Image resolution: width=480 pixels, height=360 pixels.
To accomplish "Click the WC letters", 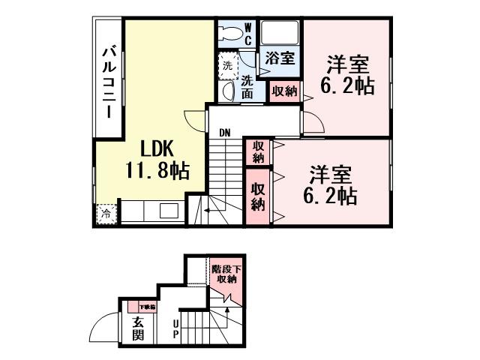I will [248, 34].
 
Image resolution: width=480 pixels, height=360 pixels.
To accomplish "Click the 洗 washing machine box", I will [227, 64].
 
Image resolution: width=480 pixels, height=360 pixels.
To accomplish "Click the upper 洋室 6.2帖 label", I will [346, 73].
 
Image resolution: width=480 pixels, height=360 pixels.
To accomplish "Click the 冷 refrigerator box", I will [106, 214].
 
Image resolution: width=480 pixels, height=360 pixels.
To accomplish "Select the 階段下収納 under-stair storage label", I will [223, 274].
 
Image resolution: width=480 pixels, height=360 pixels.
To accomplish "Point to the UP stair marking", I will [175, 328].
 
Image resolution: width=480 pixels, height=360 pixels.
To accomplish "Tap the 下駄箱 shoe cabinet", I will [142, 306].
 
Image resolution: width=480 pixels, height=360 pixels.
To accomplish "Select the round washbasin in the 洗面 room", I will [228, 91].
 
